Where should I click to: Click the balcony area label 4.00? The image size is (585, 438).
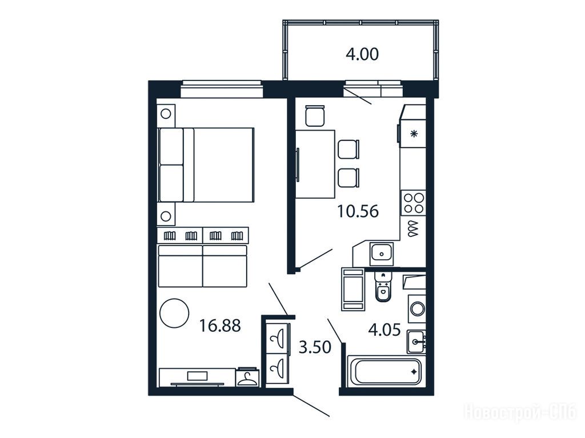(362, 54)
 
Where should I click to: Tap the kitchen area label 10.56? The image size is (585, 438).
(358, 211)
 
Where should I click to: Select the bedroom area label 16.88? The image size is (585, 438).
(220, 326)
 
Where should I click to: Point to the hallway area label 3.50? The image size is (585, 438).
(315, 347)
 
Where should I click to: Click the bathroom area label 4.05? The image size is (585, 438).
(384, 330)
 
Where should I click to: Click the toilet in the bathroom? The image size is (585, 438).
(382, 286)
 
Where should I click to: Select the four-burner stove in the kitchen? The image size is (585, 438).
(414, 203)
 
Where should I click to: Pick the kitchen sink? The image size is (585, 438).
(381, 254)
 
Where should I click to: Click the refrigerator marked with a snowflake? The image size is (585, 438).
(412, 133)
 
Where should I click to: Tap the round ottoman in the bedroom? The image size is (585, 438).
(174, 313)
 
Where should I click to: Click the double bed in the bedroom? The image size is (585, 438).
(206, 165)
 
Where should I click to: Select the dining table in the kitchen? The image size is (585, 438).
(315, 164)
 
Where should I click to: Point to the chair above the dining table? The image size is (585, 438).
(315, 116)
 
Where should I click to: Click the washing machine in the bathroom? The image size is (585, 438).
(417, 309)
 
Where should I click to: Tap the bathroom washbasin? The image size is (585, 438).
(416, 341)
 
